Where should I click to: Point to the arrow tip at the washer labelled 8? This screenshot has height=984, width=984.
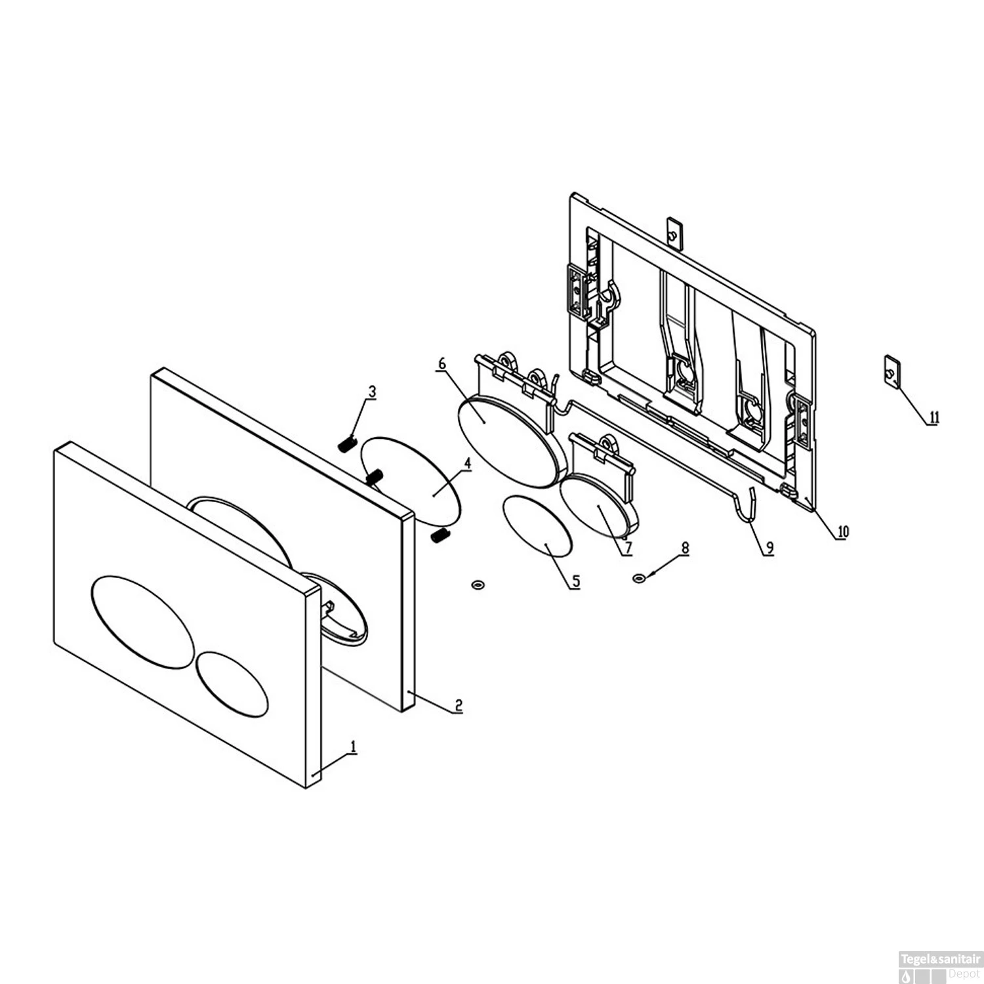tap(644, 577)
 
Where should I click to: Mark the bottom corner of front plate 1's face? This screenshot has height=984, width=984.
tap(306, 788)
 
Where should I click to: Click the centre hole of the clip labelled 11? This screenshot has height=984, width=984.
tap(890, 373)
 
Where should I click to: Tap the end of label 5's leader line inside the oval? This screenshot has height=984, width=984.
tap(546, 544)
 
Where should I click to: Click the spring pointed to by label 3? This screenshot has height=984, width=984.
tap(346, 445)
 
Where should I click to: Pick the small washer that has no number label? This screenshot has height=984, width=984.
tap(478, 583)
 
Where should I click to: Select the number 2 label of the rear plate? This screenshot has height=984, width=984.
tap(459, 706)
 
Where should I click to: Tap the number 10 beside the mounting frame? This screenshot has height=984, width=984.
tap(842, 531)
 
